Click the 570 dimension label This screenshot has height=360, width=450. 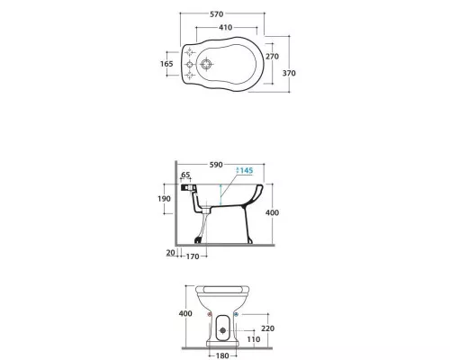[x=216, y=14]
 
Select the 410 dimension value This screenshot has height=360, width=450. [x=226, y=27]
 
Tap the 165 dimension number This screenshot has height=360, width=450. [x=166, y=64]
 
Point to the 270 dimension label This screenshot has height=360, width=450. [x=272, y=57]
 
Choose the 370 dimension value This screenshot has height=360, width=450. [x=289, y=73]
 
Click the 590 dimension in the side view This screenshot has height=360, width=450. [x=216, y=165]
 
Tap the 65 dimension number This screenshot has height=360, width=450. [x=185, y=175]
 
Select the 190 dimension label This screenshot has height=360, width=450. [x=164, y=199]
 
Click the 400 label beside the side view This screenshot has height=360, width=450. [x=272, y=212]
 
